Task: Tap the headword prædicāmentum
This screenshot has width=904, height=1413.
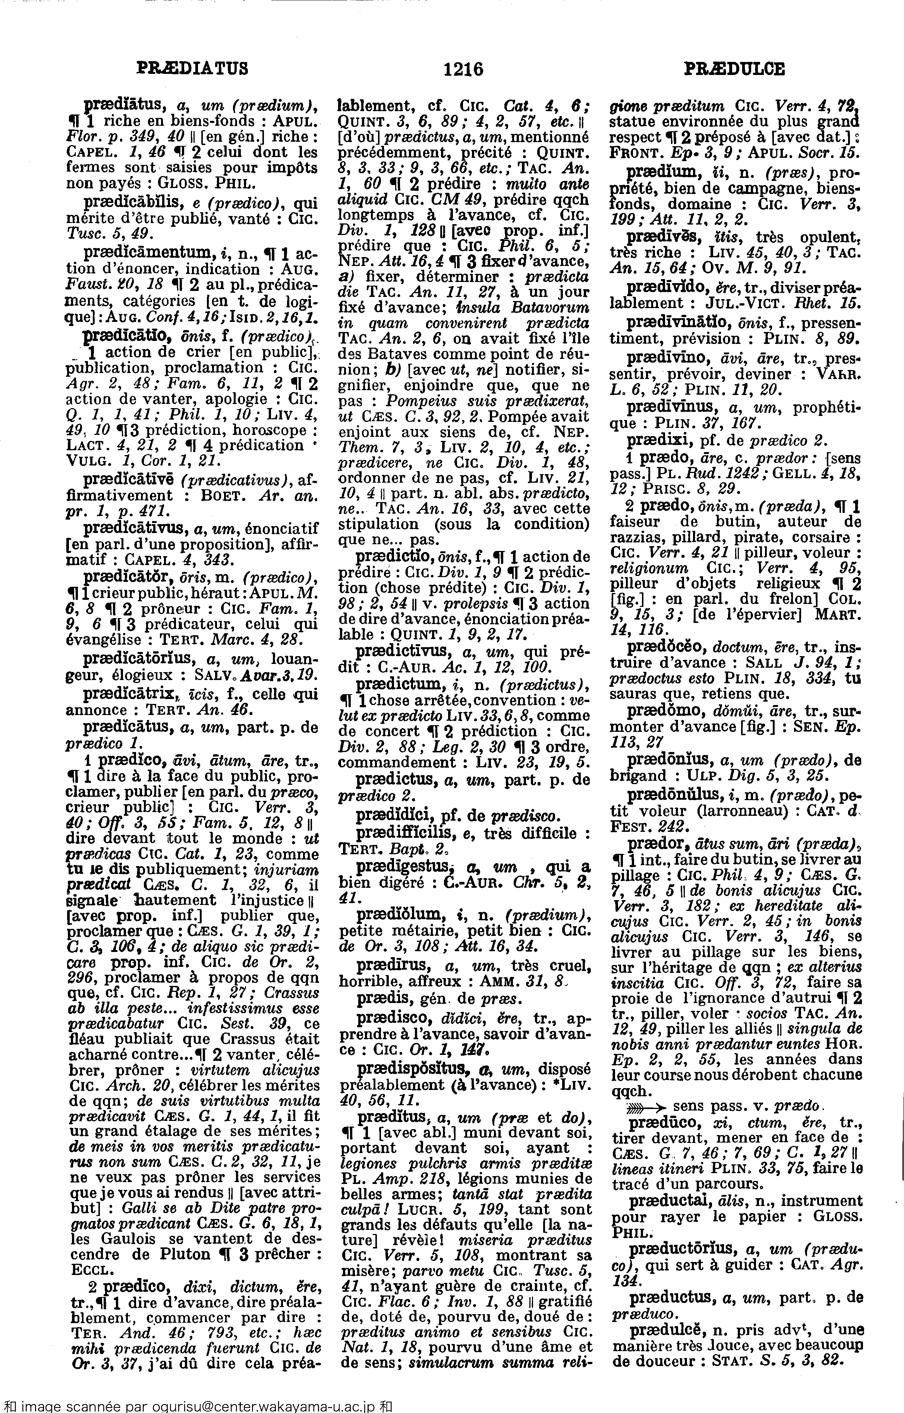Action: coord(147,253)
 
